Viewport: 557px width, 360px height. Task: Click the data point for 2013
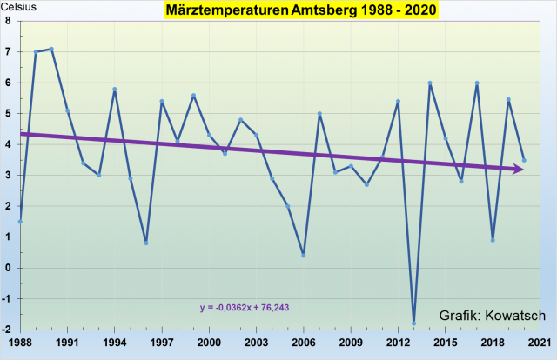tap(414, 323)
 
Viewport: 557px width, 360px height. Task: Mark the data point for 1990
tap(51, 49)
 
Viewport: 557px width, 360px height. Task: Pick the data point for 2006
tap(304, 255)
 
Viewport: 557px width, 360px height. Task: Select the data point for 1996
tap(146, 243)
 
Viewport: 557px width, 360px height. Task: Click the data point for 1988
tap(20, 221)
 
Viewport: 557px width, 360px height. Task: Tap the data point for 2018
tap(493, 240)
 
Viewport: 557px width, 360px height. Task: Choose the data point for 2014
tap(430, 83)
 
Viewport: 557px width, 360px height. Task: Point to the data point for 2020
tap(524, 160)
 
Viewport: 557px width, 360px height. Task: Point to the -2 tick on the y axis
tap(7, 330)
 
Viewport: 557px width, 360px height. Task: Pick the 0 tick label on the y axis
tap(9, 268)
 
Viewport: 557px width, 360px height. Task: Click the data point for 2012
tap(398, 101)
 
